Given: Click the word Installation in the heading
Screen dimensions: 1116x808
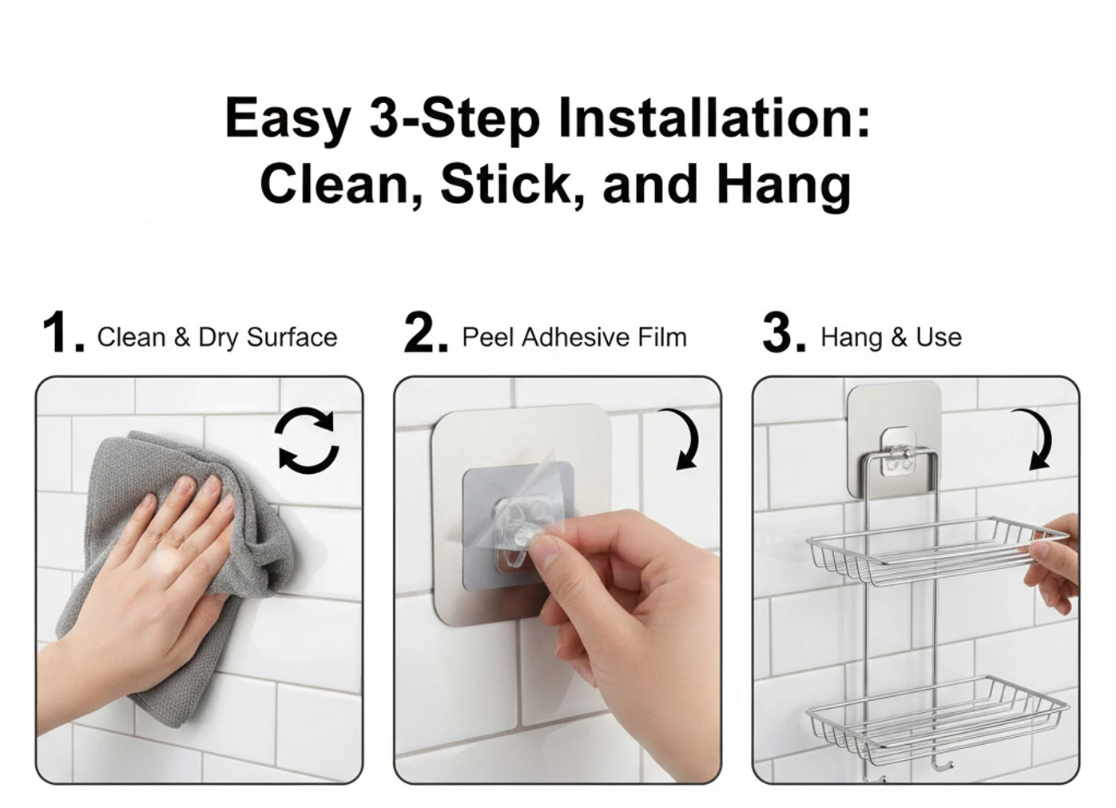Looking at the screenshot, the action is [714, 117].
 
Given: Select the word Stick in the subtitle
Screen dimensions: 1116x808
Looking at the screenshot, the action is [511, 185].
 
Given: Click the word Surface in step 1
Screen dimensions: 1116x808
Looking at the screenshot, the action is [292, 337].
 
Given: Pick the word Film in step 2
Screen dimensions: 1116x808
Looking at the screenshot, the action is [662, 337].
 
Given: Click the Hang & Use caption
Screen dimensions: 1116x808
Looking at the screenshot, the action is [891, 337].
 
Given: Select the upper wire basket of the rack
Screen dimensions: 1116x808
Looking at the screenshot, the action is [936, 551].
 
